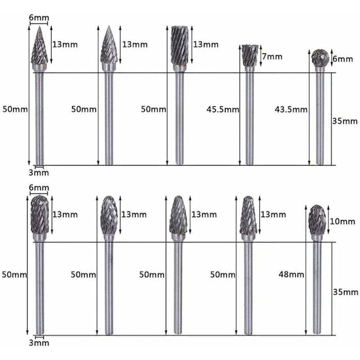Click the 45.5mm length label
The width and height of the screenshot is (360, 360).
223,110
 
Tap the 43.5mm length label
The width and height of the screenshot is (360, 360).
291,110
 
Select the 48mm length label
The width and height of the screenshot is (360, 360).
292,274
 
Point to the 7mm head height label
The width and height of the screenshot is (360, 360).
272,56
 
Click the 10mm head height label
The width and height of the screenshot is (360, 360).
343,221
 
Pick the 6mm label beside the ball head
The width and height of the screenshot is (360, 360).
343,59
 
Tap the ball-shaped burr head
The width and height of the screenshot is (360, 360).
319,58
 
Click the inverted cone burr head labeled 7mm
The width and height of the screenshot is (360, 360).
250,55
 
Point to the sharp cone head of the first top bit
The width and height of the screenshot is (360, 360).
40,45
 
